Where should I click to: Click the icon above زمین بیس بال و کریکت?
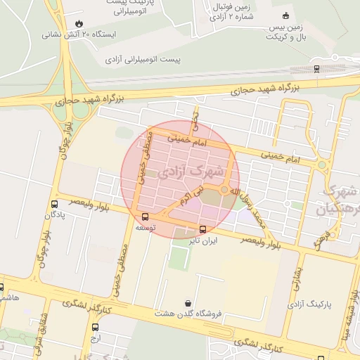point(285,15)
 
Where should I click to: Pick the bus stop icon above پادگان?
point(54,205)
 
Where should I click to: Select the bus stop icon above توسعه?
point(145,217)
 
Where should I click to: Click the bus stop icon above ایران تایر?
point(202,229)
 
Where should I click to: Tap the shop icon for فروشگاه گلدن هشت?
point(187,303)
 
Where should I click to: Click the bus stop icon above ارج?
point(96,327)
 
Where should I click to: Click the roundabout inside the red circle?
point(224,190)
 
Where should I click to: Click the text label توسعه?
point(145,229)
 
